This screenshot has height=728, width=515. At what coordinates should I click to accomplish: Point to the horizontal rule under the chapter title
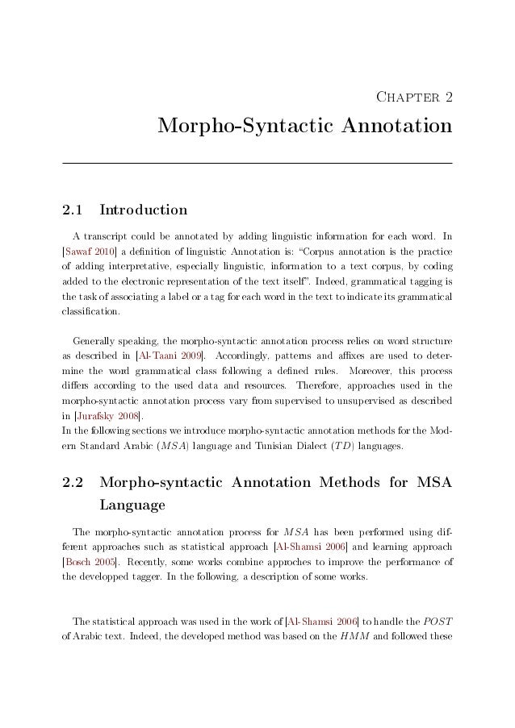(x=257, y=164)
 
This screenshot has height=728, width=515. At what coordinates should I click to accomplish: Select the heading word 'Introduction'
(x=142, y=211)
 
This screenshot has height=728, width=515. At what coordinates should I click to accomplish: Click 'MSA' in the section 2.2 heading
(x=429, y=484)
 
